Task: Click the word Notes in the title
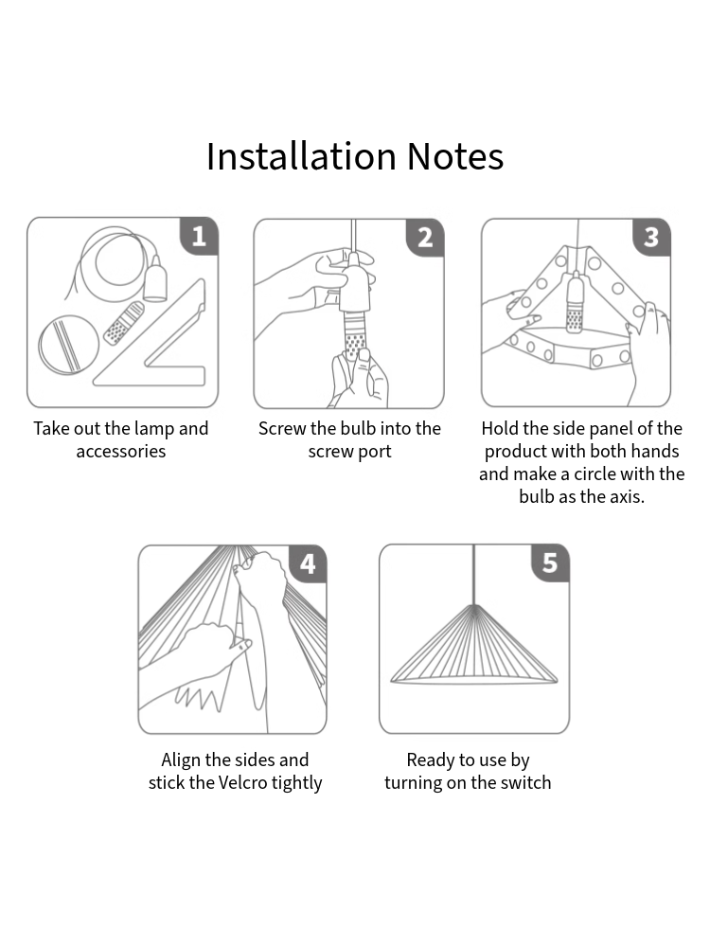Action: coord(455,157)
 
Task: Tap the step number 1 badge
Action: coord(199,236)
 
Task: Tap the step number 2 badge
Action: coord(425,237)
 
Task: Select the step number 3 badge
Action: coord(651,237)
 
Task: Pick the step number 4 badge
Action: coord(308,564)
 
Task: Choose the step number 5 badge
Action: coord(550,563)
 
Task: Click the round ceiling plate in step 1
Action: coord(69,344)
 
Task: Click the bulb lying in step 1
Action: coord(123,324)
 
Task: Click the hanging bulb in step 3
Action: coord(574,308)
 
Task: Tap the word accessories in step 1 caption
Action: coord(121,452)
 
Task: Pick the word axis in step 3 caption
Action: coord(623,497)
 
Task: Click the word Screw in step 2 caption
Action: coord(282,429)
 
